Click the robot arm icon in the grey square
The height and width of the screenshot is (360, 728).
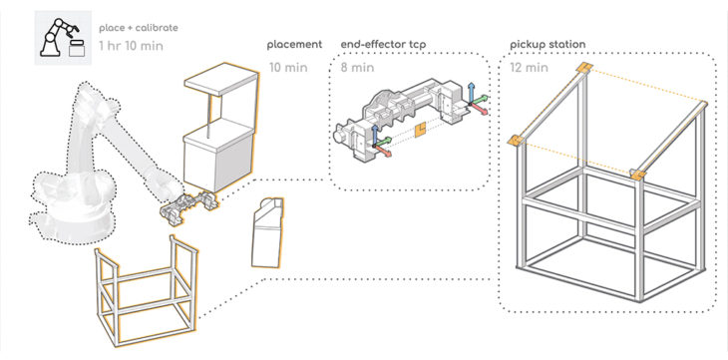63,38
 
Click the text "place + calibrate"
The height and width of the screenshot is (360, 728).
139,28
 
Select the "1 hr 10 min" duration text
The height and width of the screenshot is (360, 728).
131,46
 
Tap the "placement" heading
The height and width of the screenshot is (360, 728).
294,45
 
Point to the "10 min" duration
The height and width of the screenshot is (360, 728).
288,68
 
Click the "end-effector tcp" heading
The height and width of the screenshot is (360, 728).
384,45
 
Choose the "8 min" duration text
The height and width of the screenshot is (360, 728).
357,68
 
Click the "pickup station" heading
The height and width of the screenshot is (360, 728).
547,45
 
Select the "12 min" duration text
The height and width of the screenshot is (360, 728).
530,68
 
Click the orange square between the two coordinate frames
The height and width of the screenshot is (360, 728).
421,130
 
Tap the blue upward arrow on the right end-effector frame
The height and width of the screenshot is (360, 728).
471,92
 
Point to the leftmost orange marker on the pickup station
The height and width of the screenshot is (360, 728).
514,141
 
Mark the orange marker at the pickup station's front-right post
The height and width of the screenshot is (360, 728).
638,175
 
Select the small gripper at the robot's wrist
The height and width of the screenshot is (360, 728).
188,207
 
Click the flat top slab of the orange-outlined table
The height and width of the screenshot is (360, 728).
221,80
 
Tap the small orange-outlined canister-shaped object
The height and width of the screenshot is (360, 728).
267,232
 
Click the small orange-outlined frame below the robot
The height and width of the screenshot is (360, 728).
146,291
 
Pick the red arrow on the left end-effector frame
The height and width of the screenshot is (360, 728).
383,150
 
